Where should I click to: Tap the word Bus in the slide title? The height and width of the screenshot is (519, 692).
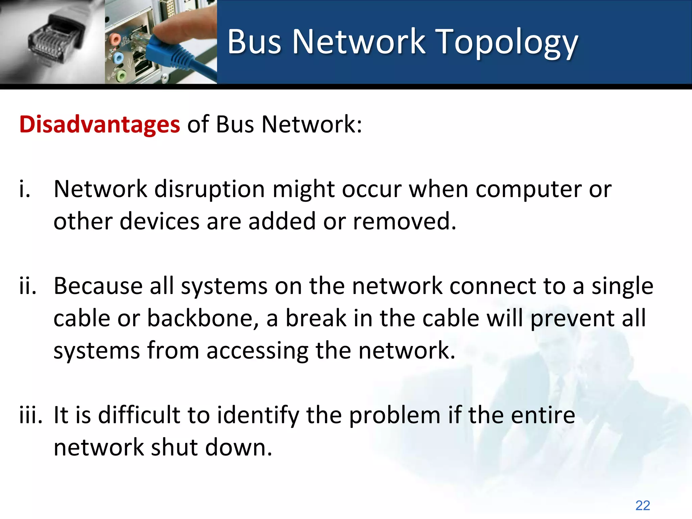(x=254, y=42)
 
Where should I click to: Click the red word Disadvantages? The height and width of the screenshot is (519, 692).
(x=100, y=124)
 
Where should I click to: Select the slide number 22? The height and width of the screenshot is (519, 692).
(x=642, y=505)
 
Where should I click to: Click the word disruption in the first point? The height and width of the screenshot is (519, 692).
(x=209, y=189)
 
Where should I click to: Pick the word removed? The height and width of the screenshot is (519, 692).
(x=404, y=222)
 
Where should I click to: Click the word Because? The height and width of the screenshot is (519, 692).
(x=98, y=286)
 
